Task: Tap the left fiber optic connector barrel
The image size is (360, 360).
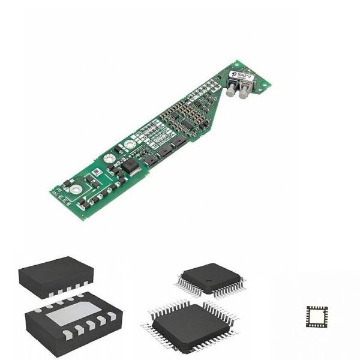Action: click(x=230, y=91)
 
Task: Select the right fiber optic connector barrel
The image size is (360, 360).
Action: click(x=243, y=89)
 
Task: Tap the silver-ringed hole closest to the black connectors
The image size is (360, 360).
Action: click(x=130, y=146)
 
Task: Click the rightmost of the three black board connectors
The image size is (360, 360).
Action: click(x=179, y=142)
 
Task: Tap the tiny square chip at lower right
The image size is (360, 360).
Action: click(x=317, y=315)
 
